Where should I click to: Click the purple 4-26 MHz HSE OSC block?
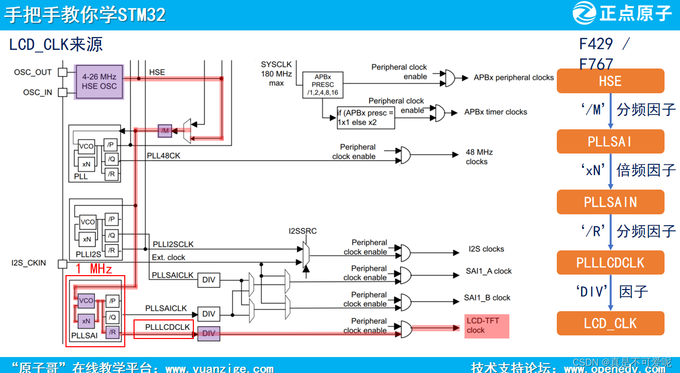pyautogui.click(x=99, y=81)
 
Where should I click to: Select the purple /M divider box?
pyautogui.click(x=165, y=131)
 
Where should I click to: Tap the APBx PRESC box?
pyautogui.click(x=323, y=84)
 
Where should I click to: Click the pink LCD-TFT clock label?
pyautogui.click(x=486, y=326)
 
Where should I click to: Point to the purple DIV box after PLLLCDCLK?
pyautogui.click(x=209, y=333)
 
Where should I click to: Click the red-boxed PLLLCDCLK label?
pyautogui.click(x=164, y=328)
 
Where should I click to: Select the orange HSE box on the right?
pyautogui.click(x=610, y=81)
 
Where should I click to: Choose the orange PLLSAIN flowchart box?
pyautogui.click(x=610, y=202)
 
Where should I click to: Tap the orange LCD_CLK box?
pyautogui.click(x=610, y=324)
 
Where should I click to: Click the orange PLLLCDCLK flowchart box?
pyautogui.click(x=610, y=263)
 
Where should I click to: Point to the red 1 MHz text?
pyautogui.click(x=94, y=268)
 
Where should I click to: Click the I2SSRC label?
pyautogui.click(x=303, y=231)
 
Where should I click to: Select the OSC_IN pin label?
pyautogui.click(x=38, y=93)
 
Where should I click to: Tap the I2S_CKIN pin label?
pyautogui.click(x=29, y=263)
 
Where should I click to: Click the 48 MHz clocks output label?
pyautogui.click(x=478, y=157)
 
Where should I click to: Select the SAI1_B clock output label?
pyautogui.click(x=487, y=298)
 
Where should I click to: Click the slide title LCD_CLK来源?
pyautogui.click(x=56, y=45)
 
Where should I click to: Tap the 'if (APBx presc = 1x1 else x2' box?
pyautogui.click(x=366, y=118)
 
